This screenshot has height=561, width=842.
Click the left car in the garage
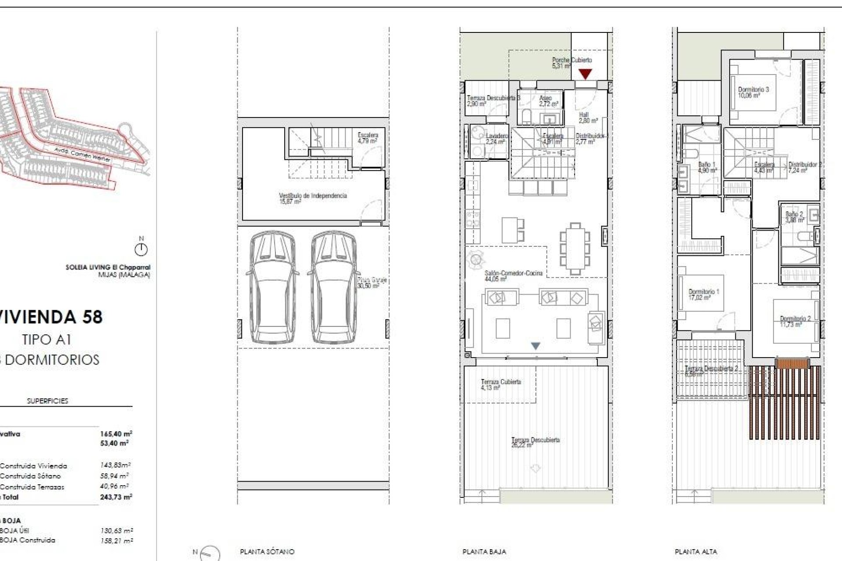[x=272, y=287]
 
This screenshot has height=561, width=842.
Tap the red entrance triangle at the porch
[x=585, y=74]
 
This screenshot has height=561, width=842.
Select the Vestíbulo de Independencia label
[x=313, y=196]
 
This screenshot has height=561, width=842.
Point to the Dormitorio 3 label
[x=753, y=89]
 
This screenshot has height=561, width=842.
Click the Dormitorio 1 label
[x=703, y=292]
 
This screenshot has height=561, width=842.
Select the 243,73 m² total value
[x=116, y=497]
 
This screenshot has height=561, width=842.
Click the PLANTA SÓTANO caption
[x=267, y=552]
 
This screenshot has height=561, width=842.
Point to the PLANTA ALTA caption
[x=696, y=552]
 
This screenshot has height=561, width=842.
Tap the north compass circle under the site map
[x=141, y=250]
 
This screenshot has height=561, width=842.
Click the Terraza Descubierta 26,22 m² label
[x=535, y=440]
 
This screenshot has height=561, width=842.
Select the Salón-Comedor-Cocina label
[x=513, y=273]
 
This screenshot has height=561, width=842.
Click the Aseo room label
[x=545, y=98]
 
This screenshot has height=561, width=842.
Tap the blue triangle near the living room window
[x=535, y=346]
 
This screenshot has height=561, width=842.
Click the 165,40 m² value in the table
[x=116, y=434]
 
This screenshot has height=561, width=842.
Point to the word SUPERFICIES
[x=47, y=401]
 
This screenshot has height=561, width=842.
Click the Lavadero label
[x=496, y=136]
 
